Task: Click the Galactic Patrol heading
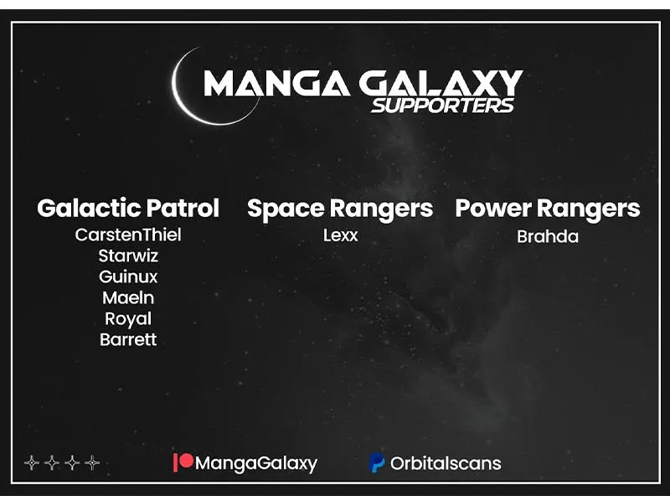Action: (128, 209)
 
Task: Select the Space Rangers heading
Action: (340, 209)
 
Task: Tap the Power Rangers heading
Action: (548, 209)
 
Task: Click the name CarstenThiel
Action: (128, 235)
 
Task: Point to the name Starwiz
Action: (128, 256)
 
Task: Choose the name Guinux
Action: (128, 276)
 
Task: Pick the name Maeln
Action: (128, 297)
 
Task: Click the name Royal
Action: (128, 319)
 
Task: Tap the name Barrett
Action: (128, 339)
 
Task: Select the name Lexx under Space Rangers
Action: (341, 235)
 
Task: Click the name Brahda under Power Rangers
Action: (548, 236)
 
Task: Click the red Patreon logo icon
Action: (183, 462)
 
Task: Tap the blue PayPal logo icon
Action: (377, 463)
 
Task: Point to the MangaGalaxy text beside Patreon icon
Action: (256, 463)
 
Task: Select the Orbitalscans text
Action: (446, 463)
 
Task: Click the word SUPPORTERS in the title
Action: (443, 106)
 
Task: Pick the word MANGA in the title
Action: (277, 83)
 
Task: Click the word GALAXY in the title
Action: (441, 83)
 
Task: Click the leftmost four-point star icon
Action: (32, 462)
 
